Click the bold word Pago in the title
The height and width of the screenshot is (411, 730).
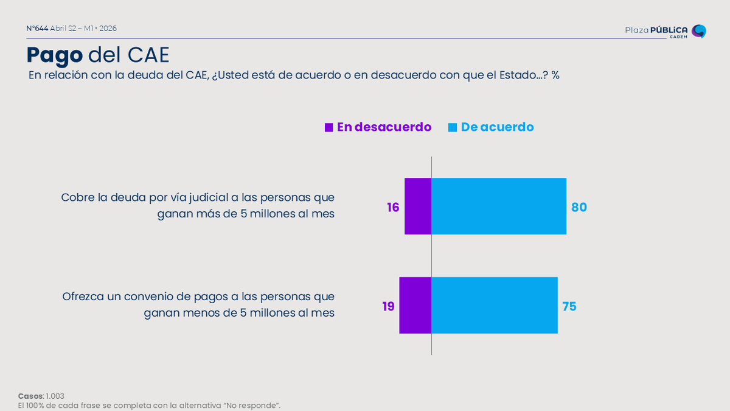click(x=54, y=55)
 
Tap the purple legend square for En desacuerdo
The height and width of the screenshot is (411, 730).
click(x=328, y=127)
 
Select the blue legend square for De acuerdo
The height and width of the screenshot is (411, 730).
click(x=453, y=127)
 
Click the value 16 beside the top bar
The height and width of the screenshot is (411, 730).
click(x=393, y=207)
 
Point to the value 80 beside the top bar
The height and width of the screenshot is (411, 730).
click(x=579, y=207)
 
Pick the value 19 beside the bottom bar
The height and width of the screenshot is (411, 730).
click(x=388, y=306)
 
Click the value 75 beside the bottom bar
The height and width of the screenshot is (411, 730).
click(x=569, y=306)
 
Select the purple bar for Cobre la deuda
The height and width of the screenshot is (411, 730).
click(x=418, y=206)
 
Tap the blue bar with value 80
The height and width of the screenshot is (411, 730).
click(x=499, y=206)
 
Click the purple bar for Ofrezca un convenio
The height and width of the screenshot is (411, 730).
click(x=415, y=305)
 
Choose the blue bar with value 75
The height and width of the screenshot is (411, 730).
click(x=495, y=305)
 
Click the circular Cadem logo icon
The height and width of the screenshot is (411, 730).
click(x=699, y=31)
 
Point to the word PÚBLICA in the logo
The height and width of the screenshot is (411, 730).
click(x=669, y=30)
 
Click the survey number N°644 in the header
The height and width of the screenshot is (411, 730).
click(x=37, y=29)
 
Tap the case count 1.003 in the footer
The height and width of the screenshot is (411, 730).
click(x=55, y=396)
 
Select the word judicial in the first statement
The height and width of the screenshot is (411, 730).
click(x=213, y=198)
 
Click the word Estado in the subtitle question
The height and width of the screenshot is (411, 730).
click(x=518, y=76)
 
